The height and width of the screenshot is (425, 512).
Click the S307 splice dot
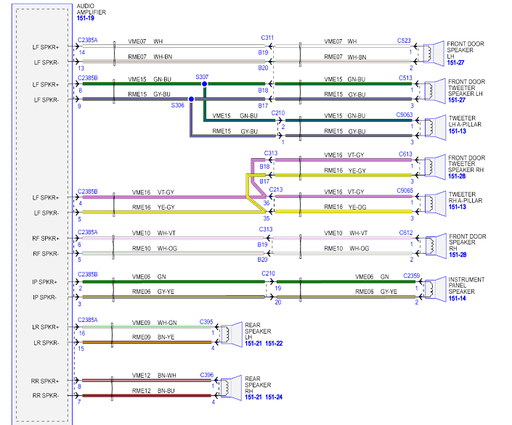coord(204,84)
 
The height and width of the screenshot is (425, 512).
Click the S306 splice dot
coord(191,99)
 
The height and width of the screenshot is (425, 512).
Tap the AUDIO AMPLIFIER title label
coord(91,9)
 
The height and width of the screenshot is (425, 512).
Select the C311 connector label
coord(267,38)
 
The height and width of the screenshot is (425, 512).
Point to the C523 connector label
coord(404,41)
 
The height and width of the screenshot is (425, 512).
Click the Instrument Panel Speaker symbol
coord(435,289)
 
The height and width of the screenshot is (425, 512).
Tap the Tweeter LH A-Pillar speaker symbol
coord(435,128)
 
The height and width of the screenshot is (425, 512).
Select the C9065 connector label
coord(405,191)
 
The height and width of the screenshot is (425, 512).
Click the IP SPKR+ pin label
coord(45,282)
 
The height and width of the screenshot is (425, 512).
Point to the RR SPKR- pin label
coord(45,396)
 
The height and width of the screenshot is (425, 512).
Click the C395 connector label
coord(206,322)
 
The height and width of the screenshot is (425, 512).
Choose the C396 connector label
coord(207,375)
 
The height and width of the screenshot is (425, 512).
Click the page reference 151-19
coord(86,18)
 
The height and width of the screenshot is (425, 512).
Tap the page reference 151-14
coord(457,299)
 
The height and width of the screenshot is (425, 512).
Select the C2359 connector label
coord(412,276)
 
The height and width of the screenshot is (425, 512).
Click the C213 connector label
coord(276,189)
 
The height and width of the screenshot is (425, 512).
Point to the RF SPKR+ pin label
coord(46,239)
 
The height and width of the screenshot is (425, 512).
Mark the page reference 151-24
coord(274,397)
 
